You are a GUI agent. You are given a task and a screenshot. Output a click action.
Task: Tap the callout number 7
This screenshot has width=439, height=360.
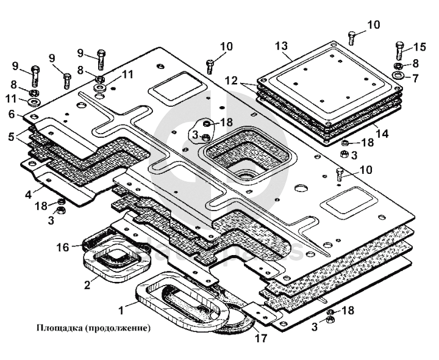click(x=416, y=78)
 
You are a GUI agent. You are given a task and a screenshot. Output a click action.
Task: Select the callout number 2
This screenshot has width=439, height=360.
click(x=88, y=283)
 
